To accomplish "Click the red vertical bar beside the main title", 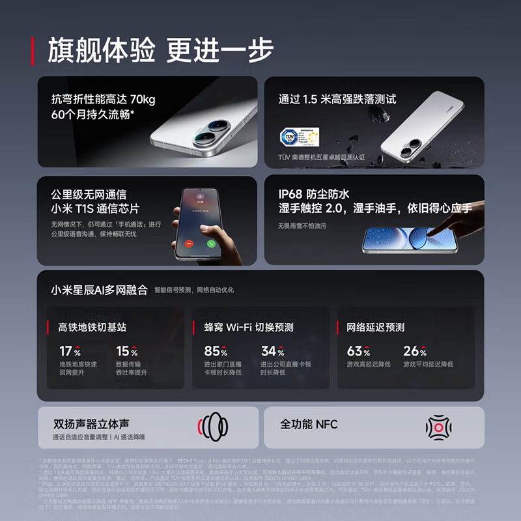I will [x=33, y=51].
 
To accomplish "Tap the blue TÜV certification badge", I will [x=289, y=137].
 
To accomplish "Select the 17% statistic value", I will [x=70, y=351].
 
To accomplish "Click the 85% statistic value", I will [x=216, y=351].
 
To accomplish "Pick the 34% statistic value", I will [x=272, y=351].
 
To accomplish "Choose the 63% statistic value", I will [x=358, y=351].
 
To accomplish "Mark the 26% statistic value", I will [x=415, y=351].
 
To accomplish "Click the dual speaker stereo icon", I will [x=213, y=427].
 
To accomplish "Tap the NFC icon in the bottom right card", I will [x=438, y=427].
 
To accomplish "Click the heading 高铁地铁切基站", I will [x=92, y=327].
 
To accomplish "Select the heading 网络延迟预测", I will [x=375, y=327].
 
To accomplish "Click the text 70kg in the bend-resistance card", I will [x=143, y=100].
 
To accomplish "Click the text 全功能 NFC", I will [x=309, y=424].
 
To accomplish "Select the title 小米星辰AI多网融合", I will [x=100, y=289].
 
